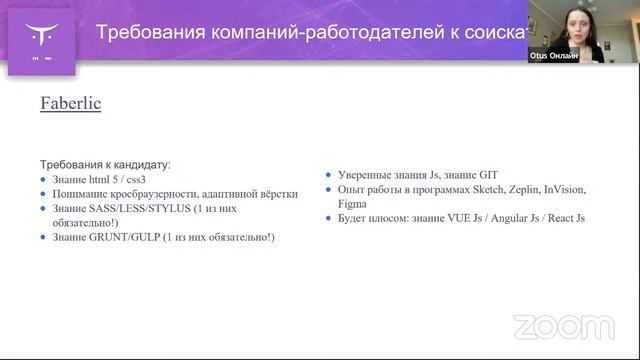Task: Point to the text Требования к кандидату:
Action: click(x=105, y=164)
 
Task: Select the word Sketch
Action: click(x=475, y=189)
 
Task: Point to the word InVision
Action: click(x=565, y=189)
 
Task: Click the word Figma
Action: click(x=352, y=203)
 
